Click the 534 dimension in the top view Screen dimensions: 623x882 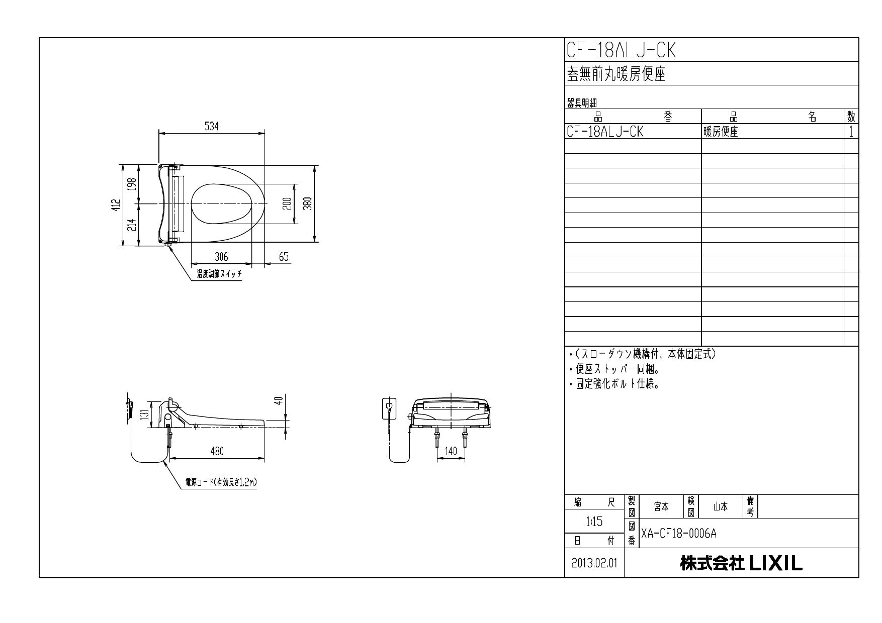tap(212, 127)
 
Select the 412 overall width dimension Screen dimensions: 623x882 tap(116, 205)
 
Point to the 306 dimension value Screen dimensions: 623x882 tap(221, 257)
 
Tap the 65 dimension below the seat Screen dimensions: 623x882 tap(284, 257)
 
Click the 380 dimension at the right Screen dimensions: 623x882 tap(308, 203)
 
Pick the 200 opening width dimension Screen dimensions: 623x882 tap(287, 203)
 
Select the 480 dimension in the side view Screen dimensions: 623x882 tap(217, 451)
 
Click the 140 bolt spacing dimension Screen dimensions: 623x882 tap(451, 451)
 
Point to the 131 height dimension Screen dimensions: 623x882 tap(144, 415)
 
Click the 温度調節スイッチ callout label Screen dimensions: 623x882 tap(219, 274)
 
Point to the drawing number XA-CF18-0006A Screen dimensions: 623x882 tap(679, 534)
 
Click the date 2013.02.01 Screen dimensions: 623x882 tap(594, 563)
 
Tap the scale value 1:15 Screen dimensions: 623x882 tap(594, 522)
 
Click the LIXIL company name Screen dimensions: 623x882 tap(742, 563)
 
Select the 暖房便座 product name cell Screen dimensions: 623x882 tap(721, 132)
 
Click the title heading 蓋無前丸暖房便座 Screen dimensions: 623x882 tap(616, 74)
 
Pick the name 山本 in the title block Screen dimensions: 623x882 tap(720, 507)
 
